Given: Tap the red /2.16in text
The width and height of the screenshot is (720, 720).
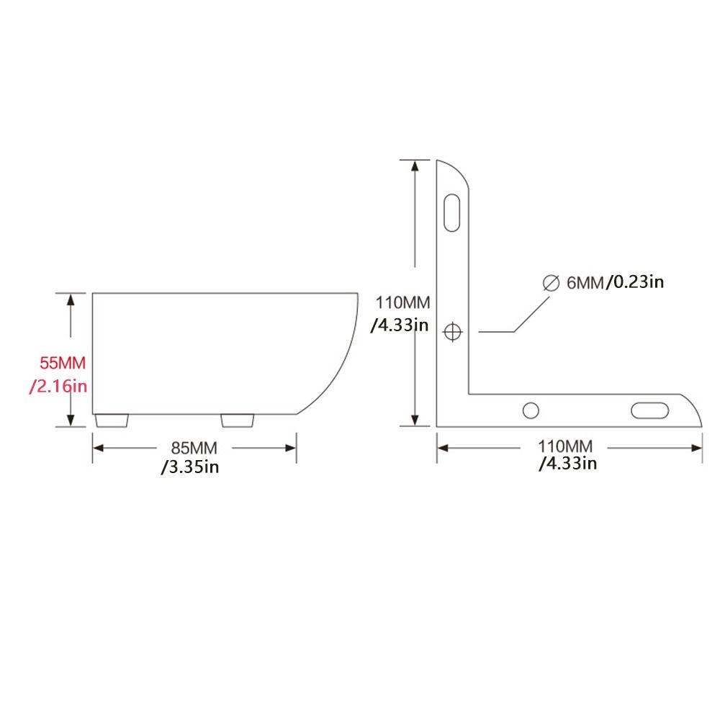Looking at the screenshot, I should (58, 387).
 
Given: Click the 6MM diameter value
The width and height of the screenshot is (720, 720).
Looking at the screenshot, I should (585, 282).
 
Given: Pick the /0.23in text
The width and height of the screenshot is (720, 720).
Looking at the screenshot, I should (634, 282).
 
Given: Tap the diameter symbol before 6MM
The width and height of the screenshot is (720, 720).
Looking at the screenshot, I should (551, 282).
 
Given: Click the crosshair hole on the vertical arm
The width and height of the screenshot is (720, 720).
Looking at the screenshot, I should (453, 332).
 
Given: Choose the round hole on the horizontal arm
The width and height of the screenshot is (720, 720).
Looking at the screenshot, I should (531, 410).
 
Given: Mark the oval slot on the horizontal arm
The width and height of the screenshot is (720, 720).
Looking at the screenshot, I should (650, 410).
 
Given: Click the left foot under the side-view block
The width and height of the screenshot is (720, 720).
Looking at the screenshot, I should (112, 419).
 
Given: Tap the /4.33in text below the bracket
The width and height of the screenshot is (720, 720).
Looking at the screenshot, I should (568, 464).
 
